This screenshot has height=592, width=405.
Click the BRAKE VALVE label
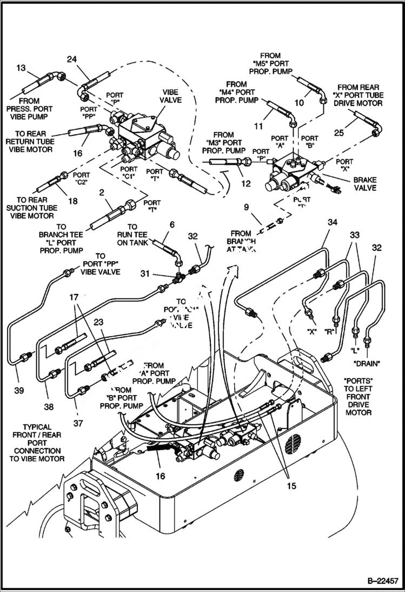(x=364, y=184)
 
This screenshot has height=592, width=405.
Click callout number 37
(x=78, y=423)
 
